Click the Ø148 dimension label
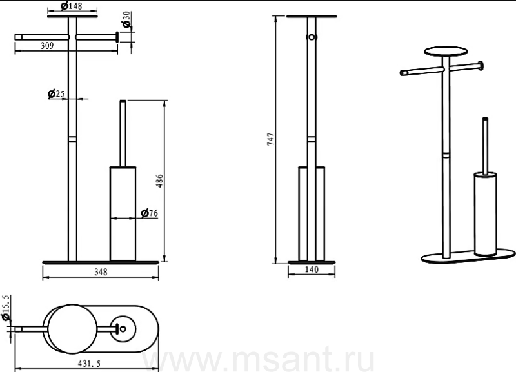(x=72, y=6)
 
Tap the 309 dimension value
(x=47, y=46)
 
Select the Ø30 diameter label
(x=126, y=20)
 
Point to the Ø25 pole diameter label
(x=56, y=94)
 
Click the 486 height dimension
(x=159, y=181)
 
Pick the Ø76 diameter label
(x=150, y=213)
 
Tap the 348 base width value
(x=101, y=272)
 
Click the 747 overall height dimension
(x=270, y=139)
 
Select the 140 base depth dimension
(x=312, y=269)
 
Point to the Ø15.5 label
(x=6, y=308)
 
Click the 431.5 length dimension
(x=89, y=364)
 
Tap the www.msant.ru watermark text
(x=259, y=359)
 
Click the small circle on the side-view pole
(x=312, y=37)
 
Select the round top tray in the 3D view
(x=446, y=52)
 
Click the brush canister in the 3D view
(x=486, y=214)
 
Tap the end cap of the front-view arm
(x=117, y=37)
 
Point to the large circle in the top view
(x=72, y=329)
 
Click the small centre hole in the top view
(x=123, y=329)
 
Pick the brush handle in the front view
(x=123, y=133)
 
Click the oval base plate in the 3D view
(x=469, y=256)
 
